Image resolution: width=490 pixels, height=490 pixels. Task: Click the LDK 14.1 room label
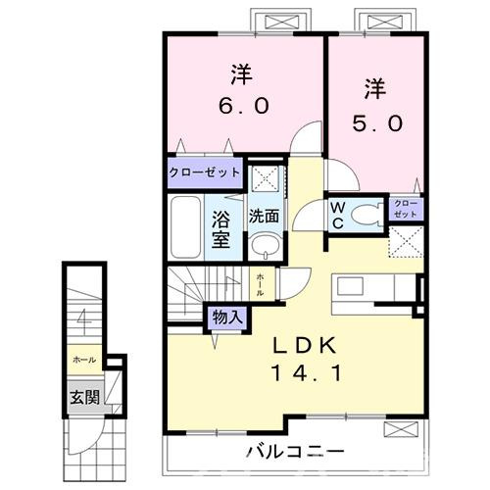tap(302, 358)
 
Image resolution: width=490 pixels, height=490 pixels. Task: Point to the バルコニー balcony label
tap(294, 452)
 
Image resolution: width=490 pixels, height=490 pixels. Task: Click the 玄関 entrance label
tap(83, 397)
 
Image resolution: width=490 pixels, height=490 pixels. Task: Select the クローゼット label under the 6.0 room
tap(205, 173)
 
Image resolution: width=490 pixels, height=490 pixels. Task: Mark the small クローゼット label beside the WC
tap(405, 209)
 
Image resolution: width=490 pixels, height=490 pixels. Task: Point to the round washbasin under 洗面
tap(261, 245)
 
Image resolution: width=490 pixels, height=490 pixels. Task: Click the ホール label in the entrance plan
tap(83, 361)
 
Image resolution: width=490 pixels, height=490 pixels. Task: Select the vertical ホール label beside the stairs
tap(259, 283)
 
